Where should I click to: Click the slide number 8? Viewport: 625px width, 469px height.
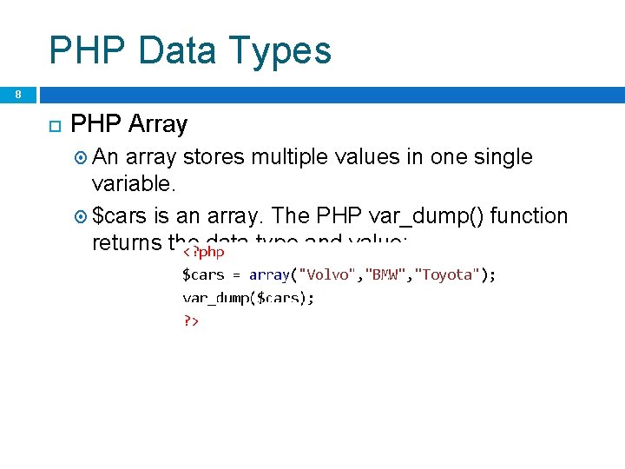tap(17, 94)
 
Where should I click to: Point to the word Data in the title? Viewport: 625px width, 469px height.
tap(170, 50)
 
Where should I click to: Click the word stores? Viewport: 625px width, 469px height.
tap(214, 157)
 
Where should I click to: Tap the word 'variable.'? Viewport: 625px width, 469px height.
tap(134, 185)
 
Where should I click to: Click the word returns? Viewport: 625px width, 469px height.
tap(128, 243)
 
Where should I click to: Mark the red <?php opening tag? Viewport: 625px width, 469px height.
tap(204, 252)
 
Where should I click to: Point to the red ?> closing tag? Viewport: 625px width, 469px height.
tap(191, 320)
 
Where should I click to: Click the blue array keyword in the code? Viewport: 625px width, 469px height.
tap(269, 274)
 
